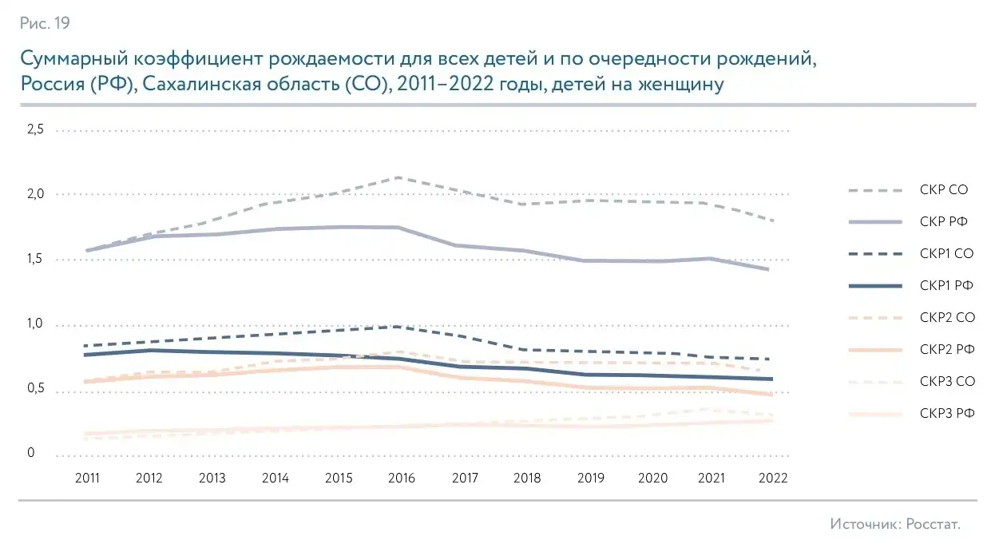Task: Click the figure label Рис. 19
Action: [x=45, y=23]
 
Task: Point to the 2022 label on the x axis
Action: [x=774, y=478]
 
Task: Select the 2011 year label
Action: [x=86, y=478]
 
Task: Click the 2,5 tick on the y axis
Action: [x=37, y=129]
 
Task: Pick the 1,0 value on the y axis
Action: [x=37, y=324]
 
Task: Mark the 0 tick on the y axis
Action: [x=32, y=454]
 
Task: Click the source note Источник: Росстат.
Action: [x=894, y=524]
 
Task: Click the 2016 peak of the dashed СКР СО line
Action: [x=398, y=177]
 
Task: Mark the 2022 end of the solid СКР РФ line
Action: [x=769, y=269]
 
